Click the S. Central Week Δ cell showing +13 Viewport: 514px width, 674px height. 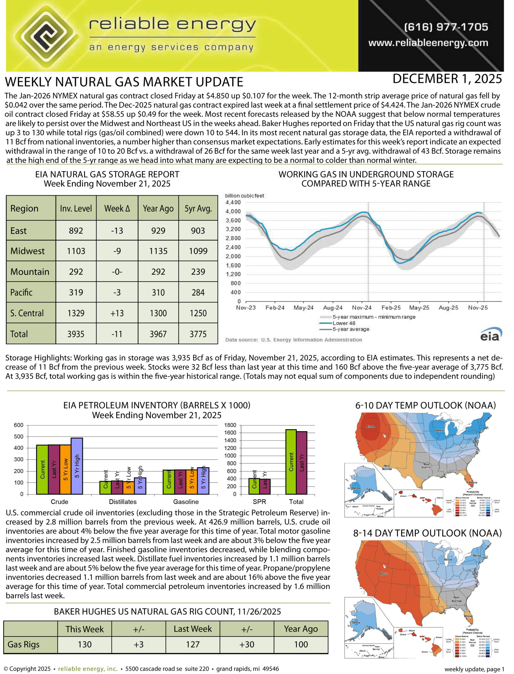pyautogui.click(x=117, y=313)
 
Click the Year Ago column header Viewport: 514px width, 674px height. pyautogui.click(x=158, y=209)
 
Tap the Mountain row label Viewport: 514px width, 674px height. pyautogui.click(x=30, y=271)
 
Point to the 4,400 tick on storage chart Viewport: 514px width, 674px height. pyautogui.click(x=233, y=202)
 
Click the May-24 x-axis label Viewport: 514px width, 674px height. pyautogui.click(x=303, y=308)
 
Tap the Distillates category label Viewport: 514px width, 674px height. pyautogui.click(x=123, y=502)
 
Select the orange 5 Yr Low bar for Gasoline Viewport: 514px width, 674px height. pyautogui.click(x=192, y=482)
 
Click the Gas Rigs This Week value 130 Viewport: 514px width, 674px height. pyautogui.click(x=85, y=644)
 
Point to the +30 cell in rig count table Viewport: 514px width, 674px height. pyautogui.click(x=247, y=644)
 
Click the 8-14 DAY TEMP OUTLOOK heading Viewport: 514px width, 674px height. pyautogui.click(x=427, y=533)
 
